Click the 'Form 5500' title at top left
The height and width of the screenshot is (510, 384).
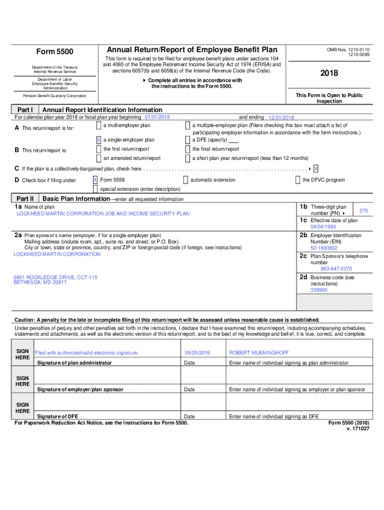(x=55, y=52)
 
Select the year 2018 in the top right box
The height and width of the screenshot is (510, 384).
(x=329, y=73)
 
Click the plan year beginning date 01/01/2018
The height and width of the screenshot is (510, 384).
(x=157, y=117)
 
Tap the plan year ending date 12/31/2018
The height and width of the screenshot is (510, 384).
(x=281, y=118)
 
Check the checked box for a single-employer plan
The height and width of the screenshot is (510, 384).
(x=99, y=140)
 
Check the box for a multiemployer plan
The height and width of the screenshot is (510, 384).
(x=99, y=126)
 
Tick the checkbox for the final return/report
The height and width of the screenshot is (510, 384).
(x=188, y=149)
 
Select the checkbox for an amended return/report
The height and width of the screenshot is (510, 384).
(x=99, y=158)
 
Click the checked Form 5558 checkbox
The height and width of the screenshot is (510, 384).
(x=95, y=180)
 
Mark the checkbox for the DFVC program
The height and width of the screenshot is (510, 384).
(x=298, y=180)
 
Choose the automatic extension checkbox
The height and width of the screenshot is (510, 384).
(x=186, y=180)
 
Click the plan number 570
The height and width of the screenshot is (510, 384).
(x=364, y=211)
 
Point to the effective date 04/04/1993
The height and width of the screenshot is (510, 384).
(x=323, y=227)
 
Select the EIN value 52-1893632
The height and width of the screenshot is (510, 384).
(x=324, y=248)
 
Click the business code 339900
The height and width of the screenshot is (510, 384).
(x=319, y=289)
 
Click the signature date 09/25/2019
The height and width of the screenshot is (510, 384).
(x=197, y=353)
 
